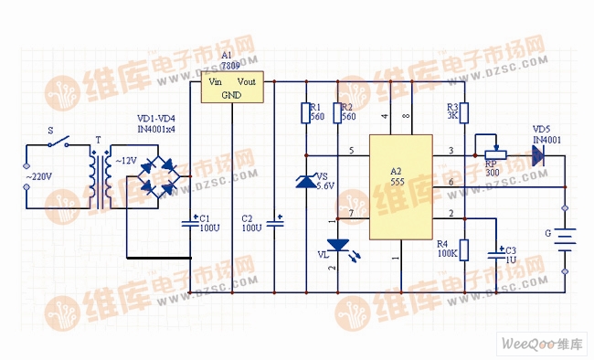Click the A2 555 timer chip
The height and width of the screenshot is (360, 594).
click(x=399, y=186)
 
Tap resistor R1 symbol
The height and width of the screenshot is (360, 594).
click(x=306, y=112)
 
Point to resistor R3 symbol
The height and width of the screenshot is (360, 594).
click(x=463, y=111)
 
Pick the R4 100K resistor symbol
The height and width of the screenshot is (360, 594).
click(x=463, y=250)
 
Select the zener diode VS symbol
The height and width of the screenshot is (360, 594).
click(x=306, y=182)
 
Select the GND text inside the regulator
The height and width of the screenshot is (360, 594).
click(x=231, y=94)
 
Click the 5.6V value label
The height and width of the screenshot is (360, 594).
click(x=325, y=185)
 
